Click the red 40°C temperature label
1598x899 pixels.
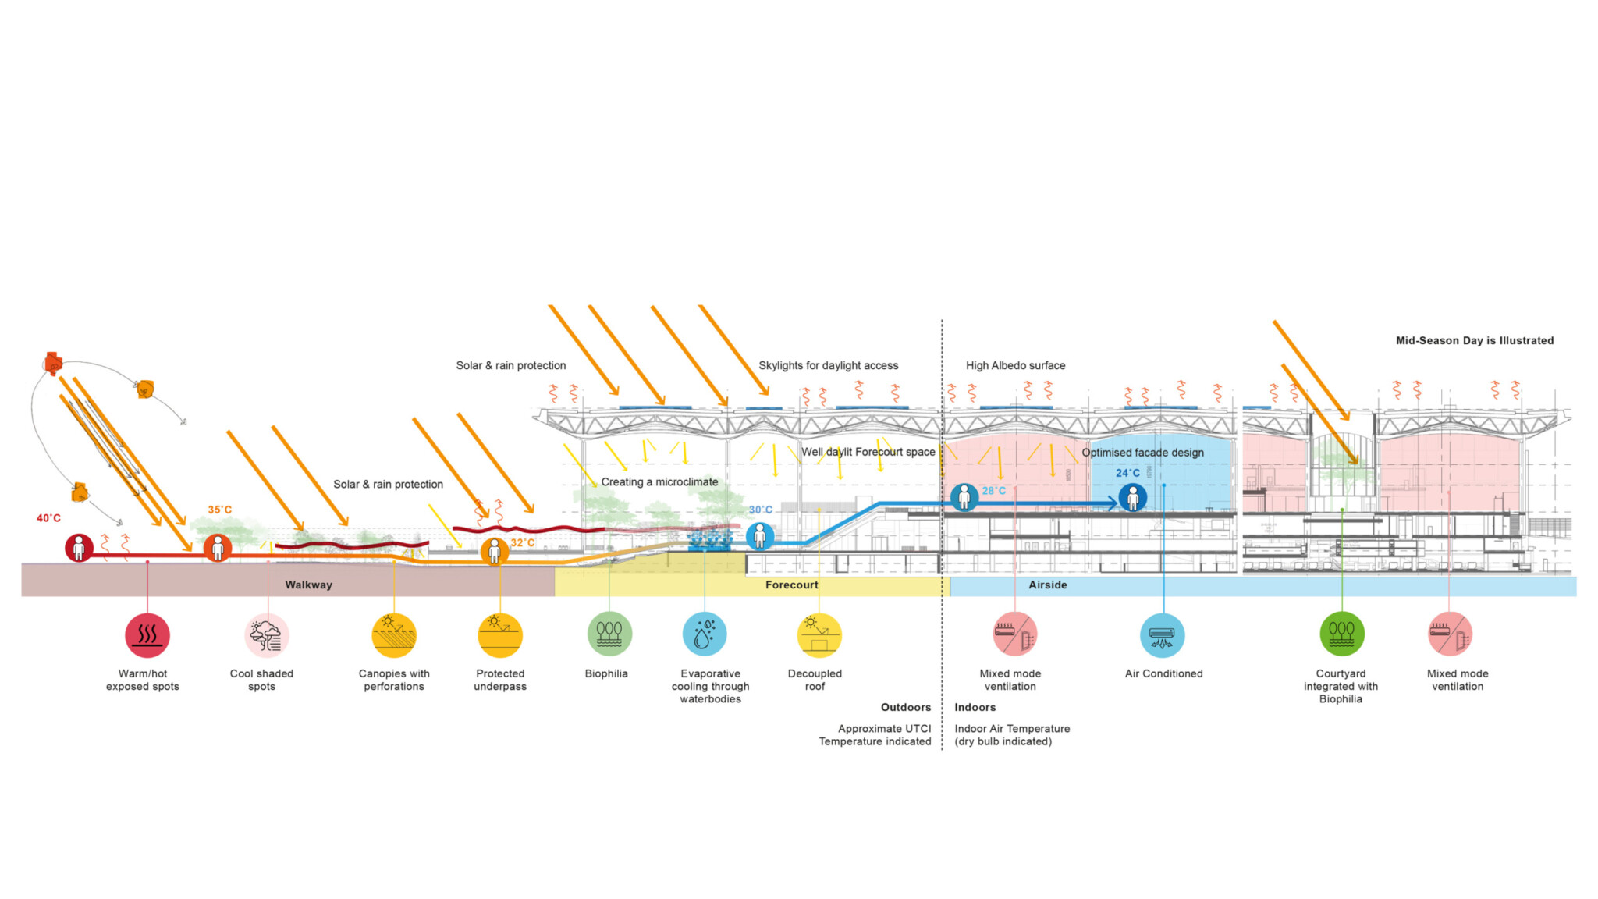click(48, 518)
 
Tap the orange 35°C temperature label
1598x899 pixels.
click(219, 510)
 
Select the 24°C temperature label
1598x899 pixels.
click(1127, 473)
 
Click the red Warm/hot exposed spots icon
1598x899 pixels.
click(147, 635)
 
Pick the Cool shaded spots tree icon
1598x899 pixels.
click(267, 635)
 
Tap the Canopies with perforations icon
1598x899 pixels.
click(394, 635)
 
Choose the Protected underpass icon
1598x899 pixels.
click(500, 635)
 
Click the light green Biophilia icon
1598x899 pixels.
click(609, 634)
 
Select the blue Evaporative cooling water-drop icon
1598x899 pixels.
click(705, 634)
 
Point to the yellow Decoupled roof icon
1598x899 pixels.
click(819, 635)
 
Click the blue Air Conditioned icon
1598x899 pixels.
click(1163, 635)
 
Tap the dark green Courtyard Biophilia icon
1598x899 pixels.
click(1342, 634)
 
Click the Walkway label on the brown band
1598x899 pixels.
click(308, 585)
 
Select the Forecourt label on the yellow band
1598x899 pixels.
click(791, 585)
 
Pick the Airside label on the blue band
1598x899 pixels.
click(1047, 585)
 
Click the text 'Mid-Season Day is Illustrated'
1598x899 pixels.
click(1474, 340)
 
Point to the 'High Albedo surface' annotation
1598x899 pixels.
click(1015, 365)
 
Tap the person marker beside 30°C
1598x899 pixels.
click(760, 536)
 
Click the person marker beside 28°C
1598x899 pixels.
click(964, 497)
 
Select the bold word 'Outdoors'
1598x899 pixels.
click(905, 707)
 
